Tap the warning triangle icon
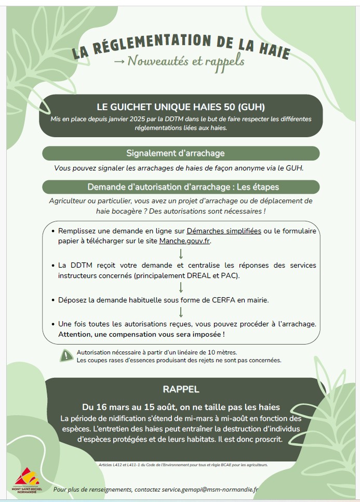(x=66, y=355)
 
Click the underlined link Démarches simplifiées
(x=223, y=231)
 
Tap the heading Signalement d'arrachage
(x=175, y=153)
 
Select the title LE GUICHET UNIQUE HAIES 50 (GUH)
(x=181, y=108)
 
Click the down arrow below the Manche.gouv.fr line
(x=181, y=254)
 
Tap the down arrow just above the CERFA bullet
(x=181, y=287)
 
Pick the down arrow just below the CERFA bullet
(x=181, y=312)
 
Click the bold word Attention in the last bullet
(x=76, y=334)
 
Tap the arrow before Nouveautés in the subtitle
(x=119, y=62)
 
